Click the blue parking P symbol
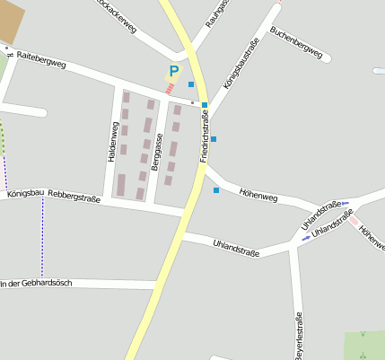174,70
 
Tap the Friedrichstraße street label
204,135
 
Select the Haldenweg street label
113,142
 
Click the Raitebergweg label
41,59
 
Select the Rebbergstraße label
74,195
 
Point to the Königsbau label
25,192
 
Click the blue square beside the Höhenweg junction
215,190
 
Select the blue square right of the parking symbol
191,84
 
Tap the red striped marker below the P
170,89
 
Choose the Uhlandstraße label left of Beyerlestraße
236,247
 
